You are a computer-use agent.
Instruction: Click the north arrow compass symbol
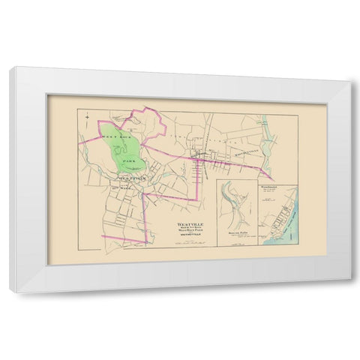[x=88, y=117]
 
